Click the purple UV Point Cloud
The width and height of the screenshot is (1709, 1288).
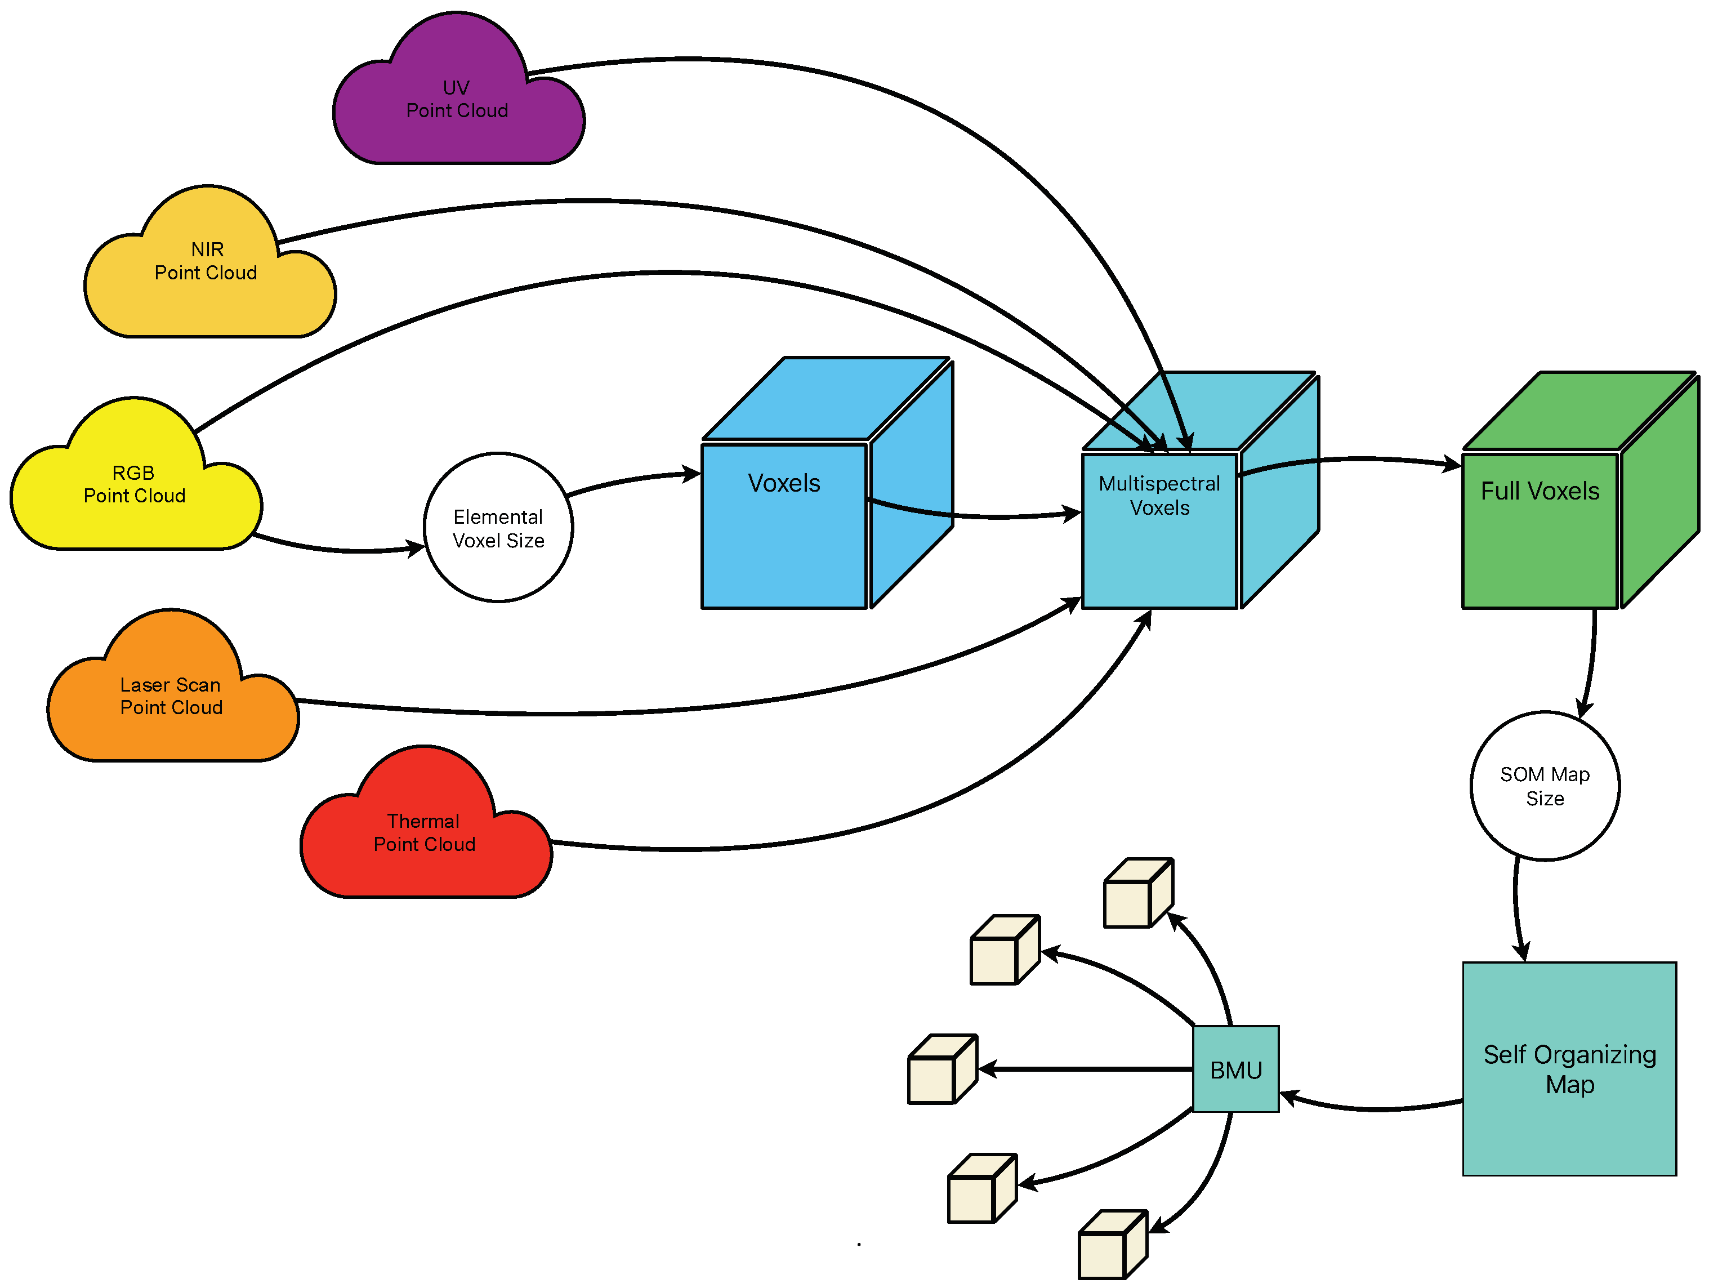pyautogui.click(x=457, y=100)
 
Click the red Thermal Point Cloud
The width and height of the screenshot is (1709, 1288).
pyautogui.click(x=424, y=833)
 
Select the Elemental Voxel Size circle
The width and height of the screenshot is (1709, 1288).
pyautogui.click(x=498, y=528)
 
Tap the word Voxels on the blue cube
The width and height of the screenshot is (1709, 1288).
pyautogui.click(x=783, y=483)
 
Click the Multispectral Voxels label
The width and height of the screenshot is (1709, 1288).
pyautogui.click(x=1159, y=495)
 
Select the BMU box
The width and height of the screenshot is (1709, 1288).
pyautogui.click(x=1235, y=1069)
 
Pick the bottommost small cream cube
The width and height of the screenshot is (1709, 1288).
pyautogui.click(x=1110, y=1246)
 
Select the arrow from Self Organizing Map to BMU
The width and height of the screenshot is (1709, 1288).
pyautogui.click(x=1375, y=1108)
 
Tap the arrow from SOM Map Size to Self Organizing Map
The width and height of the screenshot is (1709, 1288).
pyautogui.click(x=1516, y=912)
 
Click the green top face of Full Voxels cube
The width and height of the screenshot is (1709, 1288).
pyautogui.click(x=1576, y=411)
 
